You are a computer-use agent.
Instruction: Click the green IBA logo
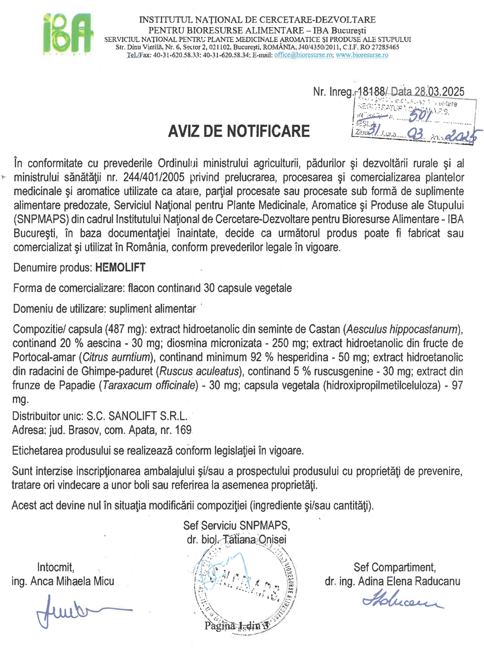[x=68, y=34]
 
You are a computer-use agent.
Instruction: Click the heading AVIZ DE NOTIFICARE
[x=239, y=131]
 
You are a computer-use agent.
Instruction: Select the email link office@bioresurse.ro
[x=303, y=55]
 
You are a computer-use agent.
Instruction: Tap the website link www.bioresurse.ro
[x=362, y=55]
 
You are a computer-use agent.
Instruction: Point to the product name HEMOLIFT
[x=120, y=268]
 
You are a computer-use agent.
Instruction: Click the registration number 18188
[x=372, y=91]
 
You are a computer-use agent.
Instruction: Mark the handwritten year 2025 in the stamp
[x=463, y=136]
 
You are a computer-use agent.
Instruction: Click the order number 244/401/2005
[x=154, y=177]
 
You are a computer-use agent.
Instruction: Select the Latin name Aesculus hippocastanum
[x=402, y=329]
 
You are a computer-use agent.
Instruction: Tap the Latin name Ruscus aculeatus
[x=199, y=371]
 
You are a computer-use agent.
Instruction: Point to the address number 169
[x=183, y=430]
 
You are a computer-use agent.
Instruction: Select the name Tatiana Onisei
[x=254, y=539]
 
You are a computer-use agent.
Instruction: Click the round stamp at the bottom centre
[x=245, y=588]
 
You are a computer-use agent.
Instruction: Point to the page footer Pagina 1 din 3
[x=236, y=625]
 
